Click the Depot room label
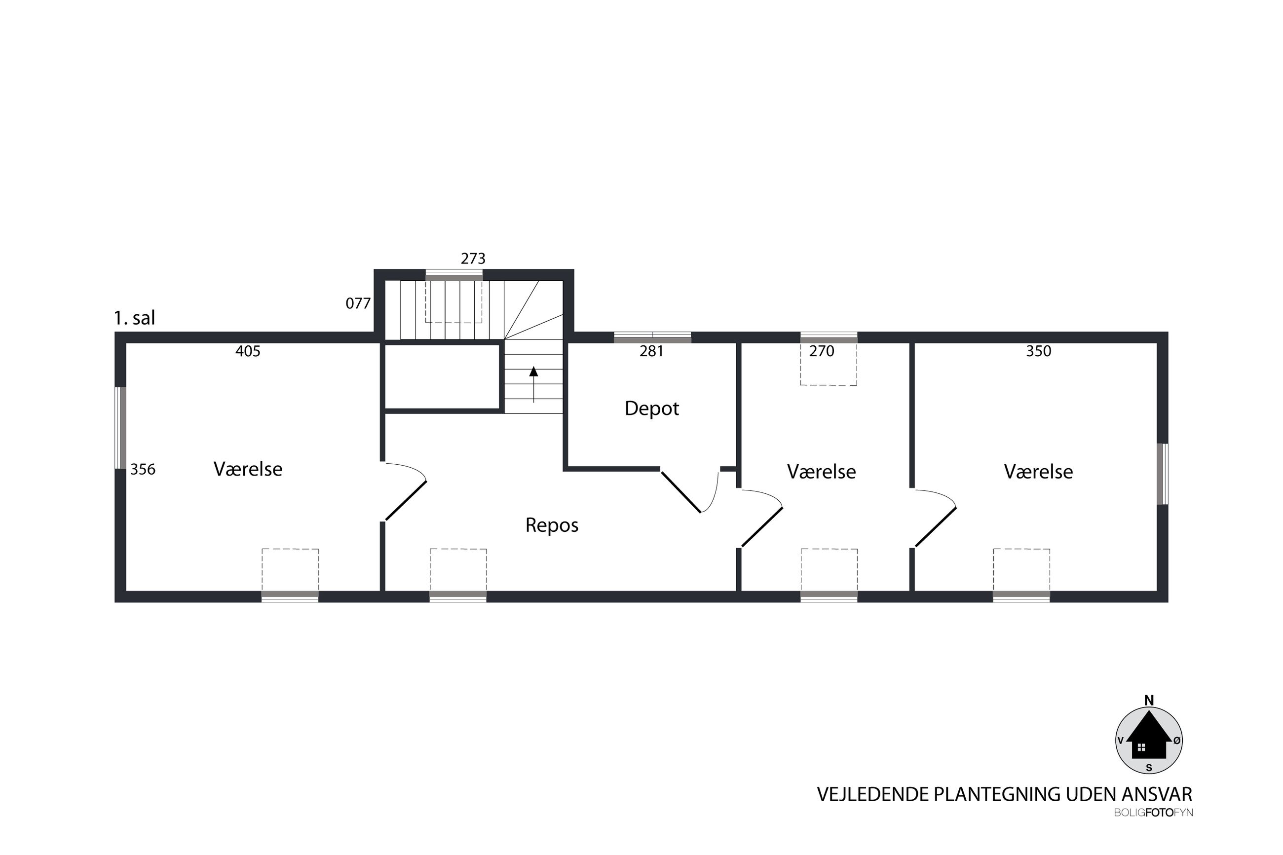(x=651, y=409)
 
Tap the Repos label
(x=552, y=525)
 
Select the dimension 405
(x=248, y=351)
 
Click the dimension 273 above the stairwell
(x=473, y=259)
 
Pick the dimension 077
(x=358, y=303)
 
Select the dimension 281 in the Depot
(x=651, y=351)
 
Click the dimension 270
(x=822, y=351)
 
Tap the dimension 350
(x=1038, y=351)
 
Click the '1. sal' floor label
(x=134, y=318)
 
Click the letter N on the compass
(x=1149, y=701)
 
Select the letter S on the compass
(x=1149, y=768)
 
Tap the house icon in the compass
(x=1149, y=740)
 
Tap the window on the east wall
(x=1163, y=474)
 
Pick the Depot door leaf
(x=681, y=492)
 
